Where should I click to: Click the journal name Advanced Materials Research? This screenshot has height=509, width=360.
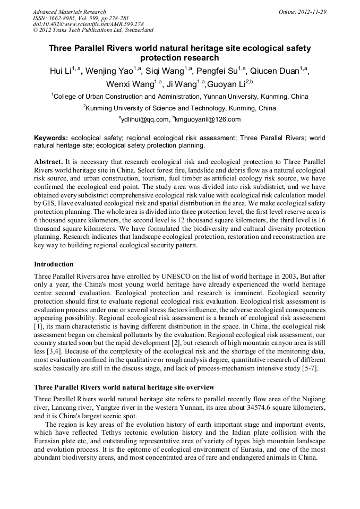[69, 12]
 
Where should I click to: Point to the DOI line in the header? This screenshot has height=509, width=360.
[88, 24]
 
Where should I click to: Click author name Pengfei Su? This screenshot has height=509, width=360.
[218, 72]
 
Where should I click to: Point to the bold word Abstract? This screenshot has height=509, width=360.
[48, 161]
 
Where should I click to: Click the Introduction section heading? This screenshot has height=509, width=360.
[54, 264]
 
